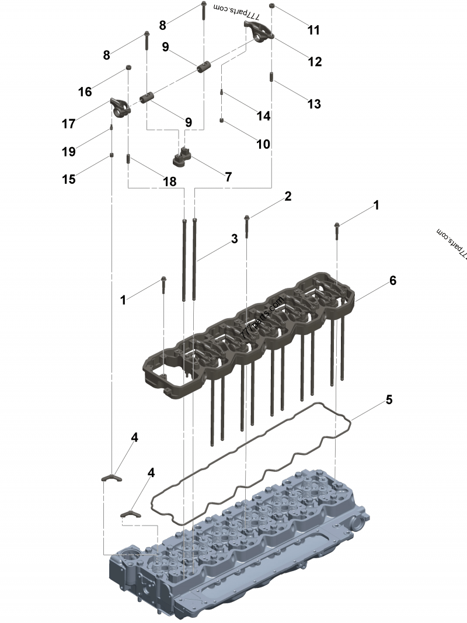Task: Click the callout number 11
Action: point(314,30)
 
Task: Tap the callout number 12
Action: point(315,61)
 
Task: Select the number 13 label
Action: point(314,104)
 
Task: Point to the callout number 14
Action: point(263,116)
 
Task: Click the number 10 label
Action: point(263,143)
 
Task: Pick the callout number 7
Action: point(228,176)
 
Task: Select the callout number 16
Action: point(85,92)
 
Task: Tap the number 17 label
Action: point(68,123)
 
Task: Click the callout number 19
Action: point(68,152)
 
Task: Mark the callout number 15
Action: point(69,179)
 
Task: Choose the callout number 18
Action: point(169,182)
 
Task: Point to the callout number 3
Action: point(234,238)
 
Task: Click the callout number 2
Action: point(288,196)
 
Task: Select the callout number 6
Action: point(393,281)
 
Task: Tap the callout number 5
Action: point(389,400)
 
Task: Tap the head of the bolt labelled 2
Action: point(248,218)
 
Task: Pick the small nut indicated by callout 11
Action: point(273,8)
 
